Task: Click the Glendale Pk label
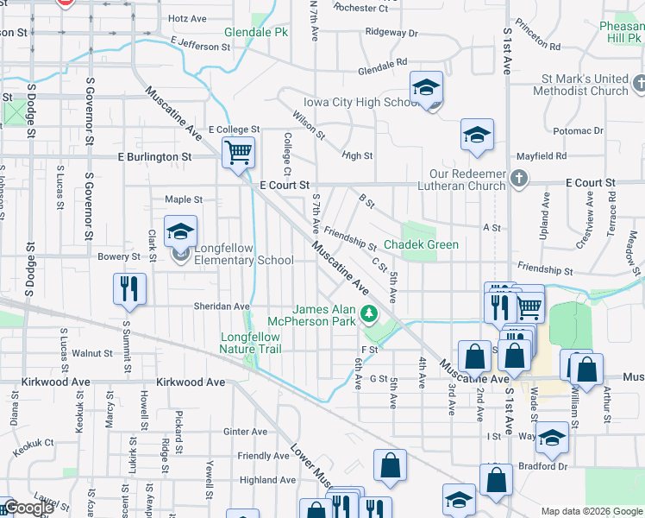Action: click(255, 32)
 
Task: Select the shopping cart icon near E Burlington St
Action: click(239, 153)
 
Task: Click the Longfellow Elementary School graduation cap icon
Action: click(181, 231)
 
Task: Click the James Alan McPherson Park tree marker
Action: click(369, 313)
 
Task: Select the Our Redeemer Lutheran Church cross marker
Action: click(517, 178)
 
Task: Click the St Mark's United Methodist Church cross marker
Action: click(638, 84)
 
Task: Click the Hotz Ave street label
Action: click(188, 18)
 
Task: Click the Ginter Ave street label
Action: click(245, 432)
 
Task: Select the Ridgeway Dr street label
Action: click(391, 33)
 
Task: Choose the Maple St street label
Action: click(184, 199)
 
